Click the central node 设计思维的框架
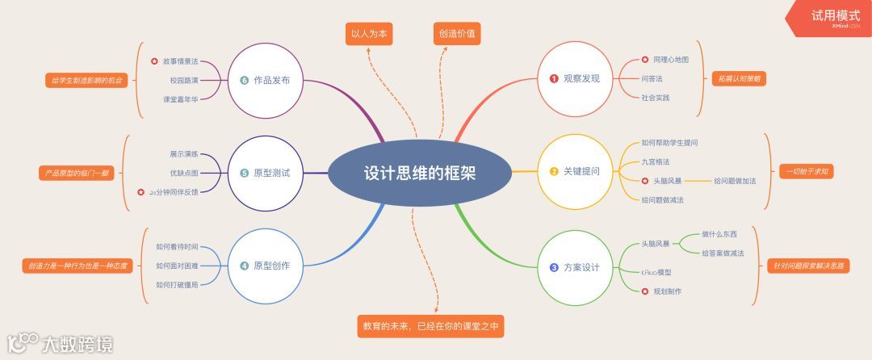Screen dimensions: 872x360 (x=419, y=173)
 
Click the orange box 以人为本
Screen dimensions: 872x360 (x=369, y=34)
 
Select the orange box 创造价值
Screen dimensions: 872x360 (x=457, y=34)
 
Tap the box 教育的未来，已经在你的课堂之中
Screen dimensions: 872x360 (x=430, y=326)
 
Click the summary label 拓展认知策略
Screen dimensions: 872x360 (x=739, y=79)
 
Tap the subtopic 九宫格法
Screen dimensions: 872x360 (x=655, y=161)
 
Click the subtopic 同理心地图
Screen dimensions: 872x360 (x=670, y=60)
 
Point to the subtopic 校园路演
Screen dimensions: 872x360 (x=184, y=80)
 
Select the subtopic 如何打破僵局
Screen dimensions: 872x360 (x=177, y=284)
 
